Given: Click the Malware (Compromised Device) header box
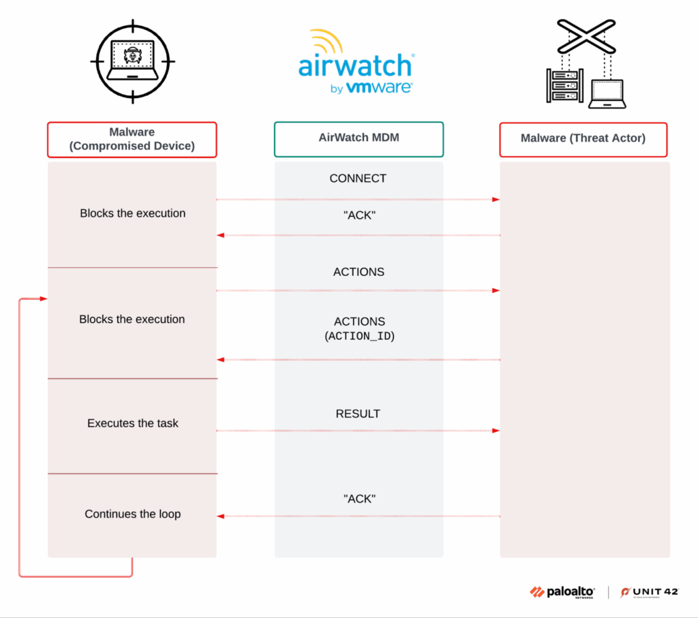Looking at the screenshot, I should coord(132,139).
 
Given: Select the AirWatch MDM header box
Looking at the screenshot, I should coord(359,138).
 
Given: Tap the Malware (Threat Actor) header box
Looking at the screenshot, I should coord(583,139).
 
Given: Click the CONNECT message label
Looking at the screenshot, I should coord(358,179).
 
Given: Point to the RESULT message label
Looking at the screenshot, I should coord(358,414).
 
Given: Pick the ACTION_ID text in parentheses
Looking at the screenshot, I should coord(359,336).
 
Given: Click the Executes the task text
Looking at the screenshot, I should coord(133,423).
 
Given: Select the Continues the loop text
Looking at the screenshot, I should coord(133,514).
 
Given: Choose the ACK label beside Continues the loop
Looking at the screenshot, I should coord(359,499).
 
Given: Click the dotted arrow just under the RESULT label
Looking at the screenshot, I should coord(358,431).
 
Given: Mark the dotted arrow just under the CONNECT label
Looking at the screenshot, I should coord(358,200).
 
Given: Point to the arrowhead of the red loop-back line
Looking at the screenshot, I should coord(44,298).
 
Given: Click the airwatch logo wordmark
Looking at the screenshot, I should coord(356,66).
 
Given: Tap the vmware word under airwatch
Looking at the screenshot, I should coord(379,88).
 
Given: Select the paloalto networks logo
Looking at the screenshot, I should coord(562,592).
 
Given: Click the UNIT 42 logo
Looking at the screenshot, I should coord(650,592).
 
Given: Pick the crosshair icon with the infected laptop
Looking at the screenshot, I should coord(132,60).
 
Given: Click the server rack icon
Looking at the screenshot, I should coord(566,85).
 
